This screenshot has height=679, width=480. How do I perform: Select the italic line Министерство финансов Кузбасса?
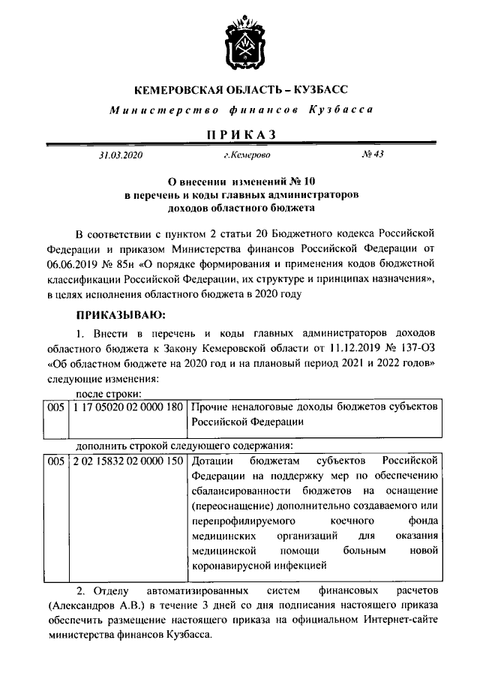(x=240, y=111)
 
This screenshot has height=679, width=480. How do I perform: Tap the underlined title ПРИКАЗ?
(x=240, y=134)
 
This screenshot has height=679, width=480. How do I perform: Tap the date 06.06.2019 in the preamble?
(x=73, y=264)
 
